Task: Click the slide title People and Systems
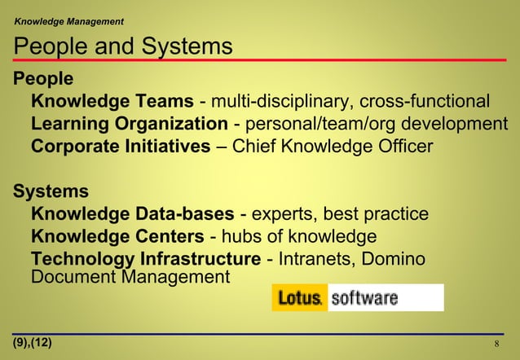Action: pos(123,46)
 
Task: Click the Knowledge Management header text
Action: pos(69,19)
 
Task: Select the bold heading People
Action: pos(43,79)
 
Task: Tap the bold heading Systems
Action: pos(51,191)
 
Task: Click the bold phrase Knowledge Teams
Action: pos(112,102)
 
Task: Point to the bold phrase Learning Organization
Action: pos(130,125)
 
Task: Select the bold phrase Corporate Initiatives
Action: pos(121,147)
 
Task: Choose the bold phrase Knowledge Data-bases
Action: pos(134,214)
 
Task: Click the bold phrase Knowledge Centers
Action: pos(117,237)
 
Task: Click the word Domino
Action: pos(391,260)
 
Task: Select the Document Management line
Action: pos(130,277)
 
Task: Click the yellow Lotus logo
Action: pos(300,297)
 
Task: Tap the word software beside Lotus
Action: pos(364,297)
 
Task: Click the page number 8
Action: pos(497,343)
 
